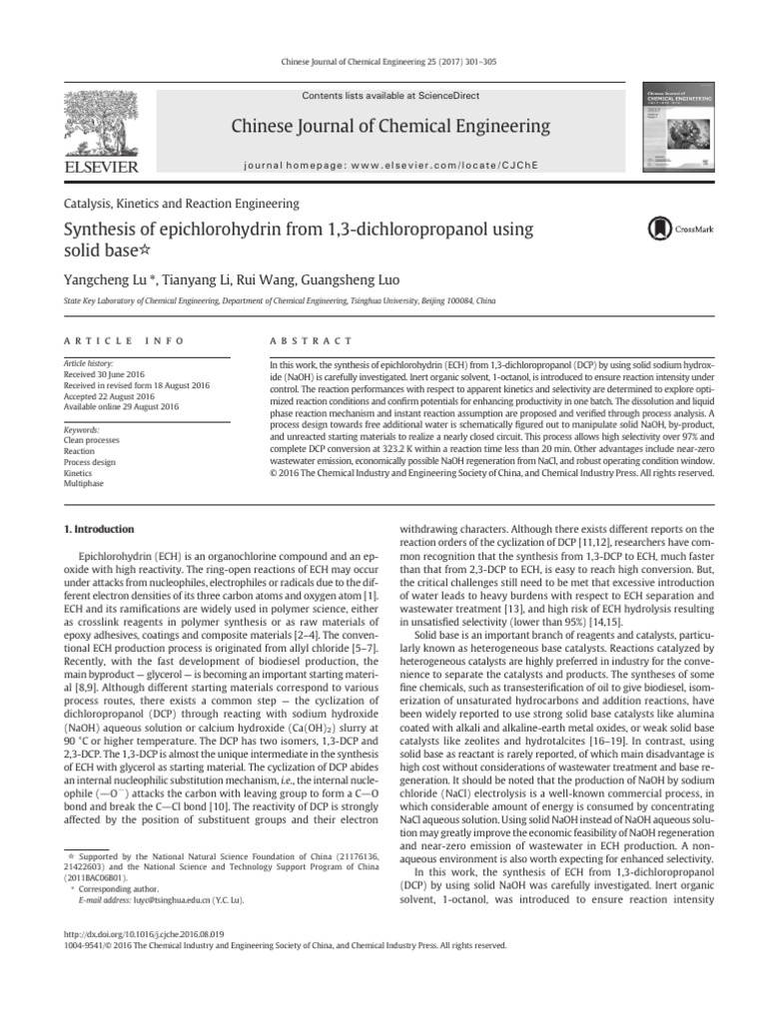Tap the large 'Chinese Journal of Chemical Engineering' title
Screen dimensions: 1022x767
pos(389,126)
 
